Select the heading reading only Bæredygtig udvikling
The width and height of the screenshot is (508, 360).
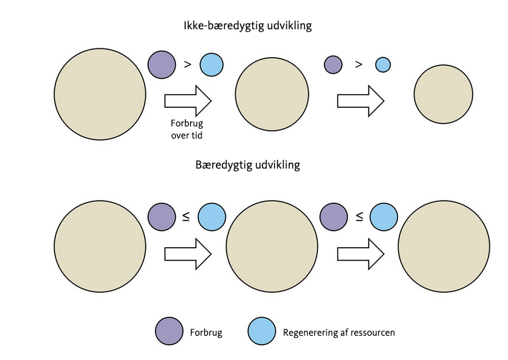(x=247, y=164)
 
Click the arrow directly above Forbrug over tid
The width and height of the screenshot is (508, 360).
(x=188, y=101)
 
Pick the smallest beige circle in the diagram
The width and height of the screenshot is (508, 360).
(x=443, y=94)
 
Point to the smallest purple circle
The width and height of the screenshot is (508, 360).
(x=333, y=65)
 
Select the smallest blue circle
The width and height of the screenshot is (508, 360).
(x=383, y=65)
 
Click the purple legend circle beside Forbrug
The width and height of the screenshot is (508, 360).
(x=169, y=331)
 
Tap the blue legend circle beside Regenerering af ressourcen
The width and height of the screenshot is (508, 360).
(x=262, y=331)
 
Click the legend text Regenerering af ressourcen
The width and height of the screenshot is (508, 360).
(x=339, y=332)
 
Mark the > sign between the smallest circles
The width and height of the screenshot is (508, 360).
(x=359, y=65)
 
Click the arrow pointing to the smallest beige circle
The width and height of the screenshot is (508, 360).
(x=361, y=101)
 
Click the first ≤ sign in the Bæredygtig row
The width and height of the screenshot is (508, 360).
(x=186, y=216)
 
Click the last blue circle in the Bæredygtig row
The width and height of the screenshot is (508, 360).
(x=384, y=216)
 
